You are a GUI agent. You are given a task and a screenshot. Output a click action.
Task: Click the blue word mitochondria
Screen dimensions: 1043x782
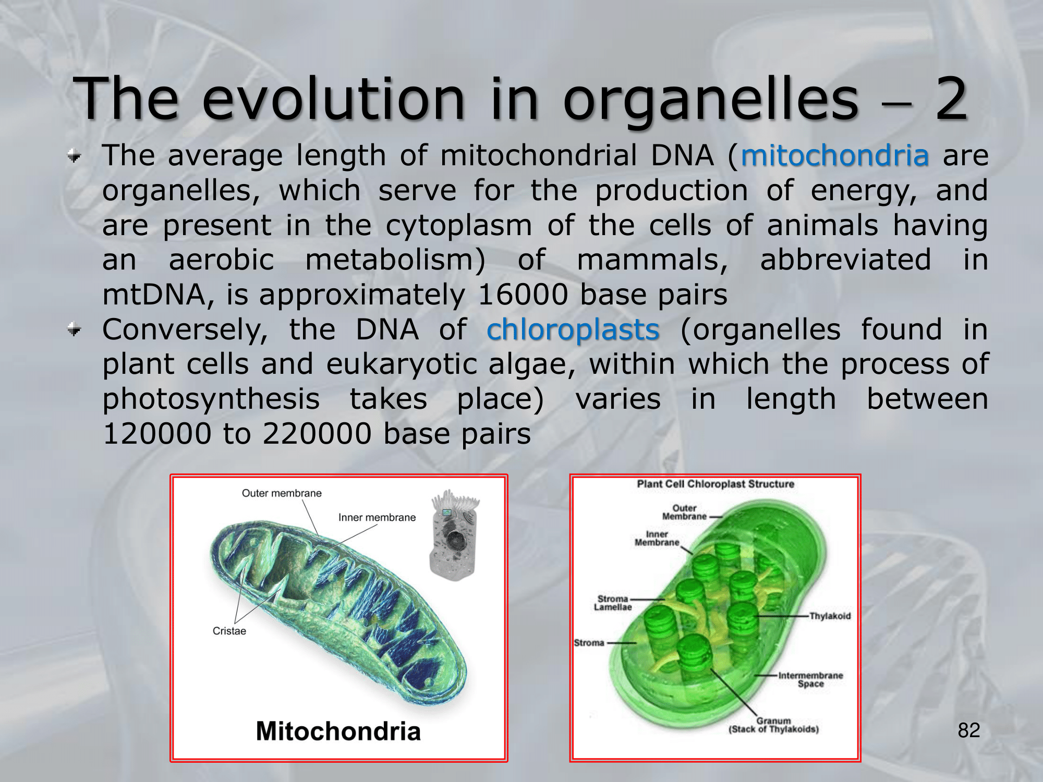(x=835, y=155)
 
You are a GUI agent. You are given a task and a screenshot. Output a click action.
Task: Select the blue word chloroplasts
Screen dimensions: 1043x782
(x=573, y=331)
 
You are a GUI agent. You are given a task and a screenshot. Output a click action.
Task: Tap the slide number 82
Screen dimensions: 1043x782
(x=969, y=730)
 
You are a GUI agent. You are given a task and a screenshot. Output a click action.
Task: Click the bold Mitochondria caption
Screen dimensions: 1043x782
(x=338, y=731)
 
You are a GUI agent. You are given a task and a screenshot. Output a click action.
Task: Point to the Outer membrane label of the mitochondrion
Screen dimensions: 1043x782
(x=282, y=493)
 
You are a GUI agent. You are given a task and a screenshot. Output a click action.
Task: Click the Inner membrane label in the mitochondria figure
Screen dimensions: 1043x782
(x=377, y=517)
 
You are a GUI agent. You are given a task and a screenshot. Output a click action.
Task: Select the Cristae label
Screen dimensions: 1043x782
(x=229, y=631)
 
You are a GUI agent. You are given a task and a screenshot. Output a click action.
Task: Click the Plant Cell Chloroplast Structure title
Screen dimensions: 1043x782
(x=715, y=484)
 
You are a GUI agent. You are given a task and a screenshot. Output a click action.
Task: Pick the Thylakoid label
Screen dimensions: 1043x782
(x=830, y=616)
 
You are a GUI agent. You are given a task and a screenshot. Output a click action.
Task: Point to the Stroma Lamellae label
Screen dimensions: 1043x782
(x=613, y=603)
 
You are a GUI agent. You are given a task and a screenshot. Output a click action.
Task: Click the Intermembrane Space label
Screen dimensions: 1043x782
(x=810, y=679)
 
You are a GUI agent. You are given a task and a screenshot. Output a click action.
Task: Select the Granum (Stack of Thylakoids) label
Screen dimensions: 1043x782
(x=774, y=725)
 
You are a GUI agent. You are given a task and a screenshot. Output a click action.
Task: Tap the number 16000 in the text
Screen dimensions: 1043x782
(x=523, y=295)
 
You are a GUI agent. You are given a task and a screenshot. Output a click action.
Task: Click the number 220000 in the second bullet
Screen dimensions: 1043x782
(x=317, y=434)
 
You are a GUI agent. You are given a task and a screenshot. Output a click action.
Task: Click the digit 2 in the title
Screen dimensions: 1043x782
(x=952, y=98)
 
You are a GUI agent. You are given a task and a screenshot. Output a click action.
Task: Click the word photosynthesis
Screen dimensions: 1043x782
(x=211, y=400)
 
